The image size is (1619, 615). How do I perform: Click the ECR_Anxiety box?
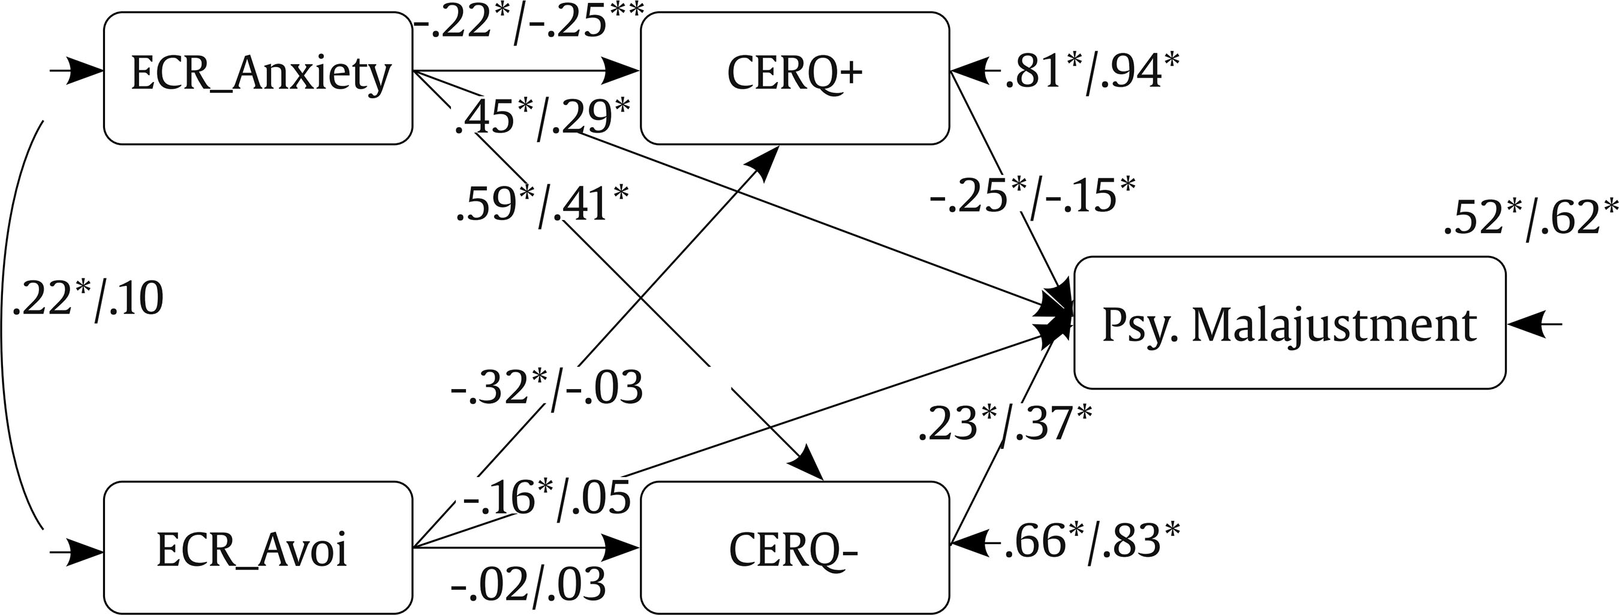(x=258, y=79)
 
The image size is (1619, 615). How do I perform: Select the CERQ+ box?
(x=795, y=79)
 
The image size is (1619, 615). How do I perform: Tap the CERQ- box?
(x=795, y=548)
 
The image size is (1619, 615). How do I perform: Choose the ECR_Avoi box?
(x=258, y=548)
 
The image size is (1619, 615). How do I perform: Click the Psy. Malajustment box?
(x=1290, y=322)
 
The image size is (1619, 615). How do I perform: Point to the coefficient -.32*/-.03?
(x=547, y=388)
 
